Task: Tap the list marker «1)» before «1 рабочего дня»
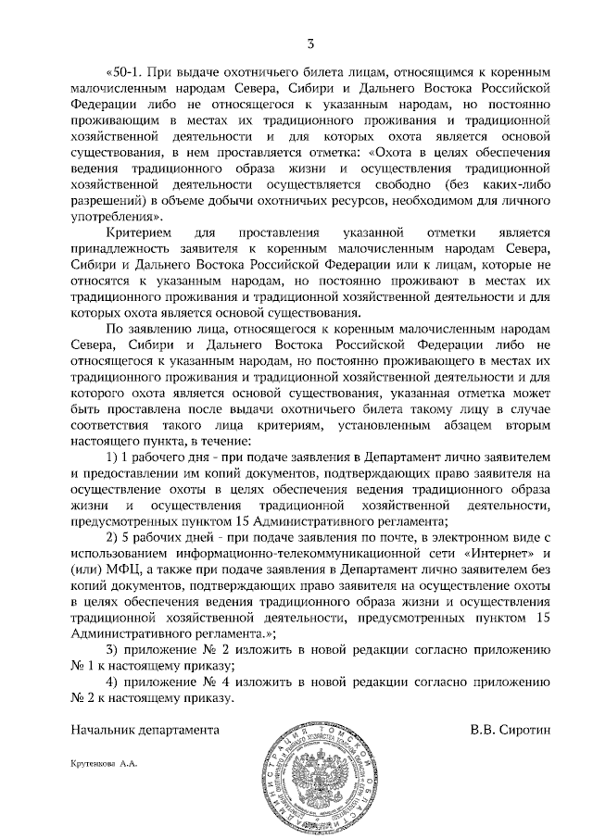pos(114,457)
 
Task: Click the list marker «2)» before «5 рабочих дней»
pos(114,537)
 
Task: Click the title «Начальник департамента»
pos(145,730)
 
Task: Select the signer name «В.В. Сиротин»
pos(510,730)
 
